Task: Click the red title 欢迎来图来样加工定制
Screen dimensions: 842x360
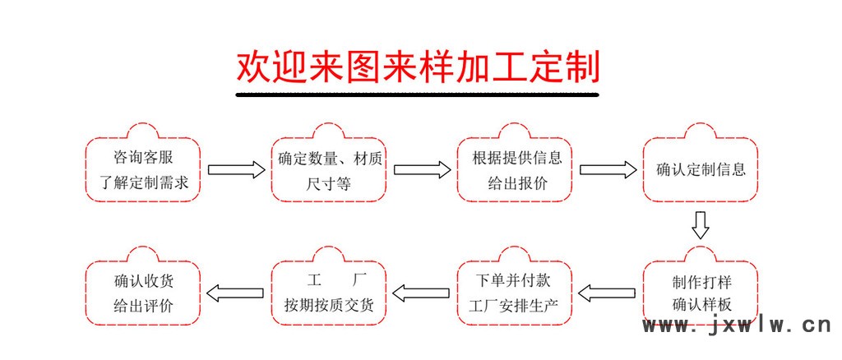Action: (418, 67)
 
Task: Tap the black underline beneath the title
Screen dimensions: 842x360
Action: (417, 95)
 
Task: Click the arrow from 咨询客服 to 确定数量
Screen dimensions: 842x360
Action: (236, 169)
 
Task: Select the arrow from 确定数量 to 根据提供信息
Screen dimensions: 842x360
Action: (422, 169)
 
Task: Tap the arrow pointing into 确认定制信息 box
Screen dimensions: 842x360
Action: (608, 169)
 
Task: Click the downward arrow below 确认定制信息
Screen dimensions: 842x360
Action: (701, 225)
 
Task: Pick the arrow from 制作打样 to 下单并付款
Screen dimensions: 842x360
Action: (607, 293)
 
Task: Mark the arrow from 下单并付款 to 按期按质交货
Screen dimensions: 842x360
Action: (421, 293)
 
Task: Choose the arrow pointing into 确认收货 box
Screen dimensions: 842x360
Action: (235, 293)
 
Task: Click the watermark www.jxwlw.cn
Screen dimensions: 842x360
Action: (737, 325)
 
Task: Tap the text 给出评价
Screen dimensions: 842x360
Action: (143, 307)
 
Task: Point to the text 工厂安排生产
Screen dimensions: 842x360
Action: (514, 307)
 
